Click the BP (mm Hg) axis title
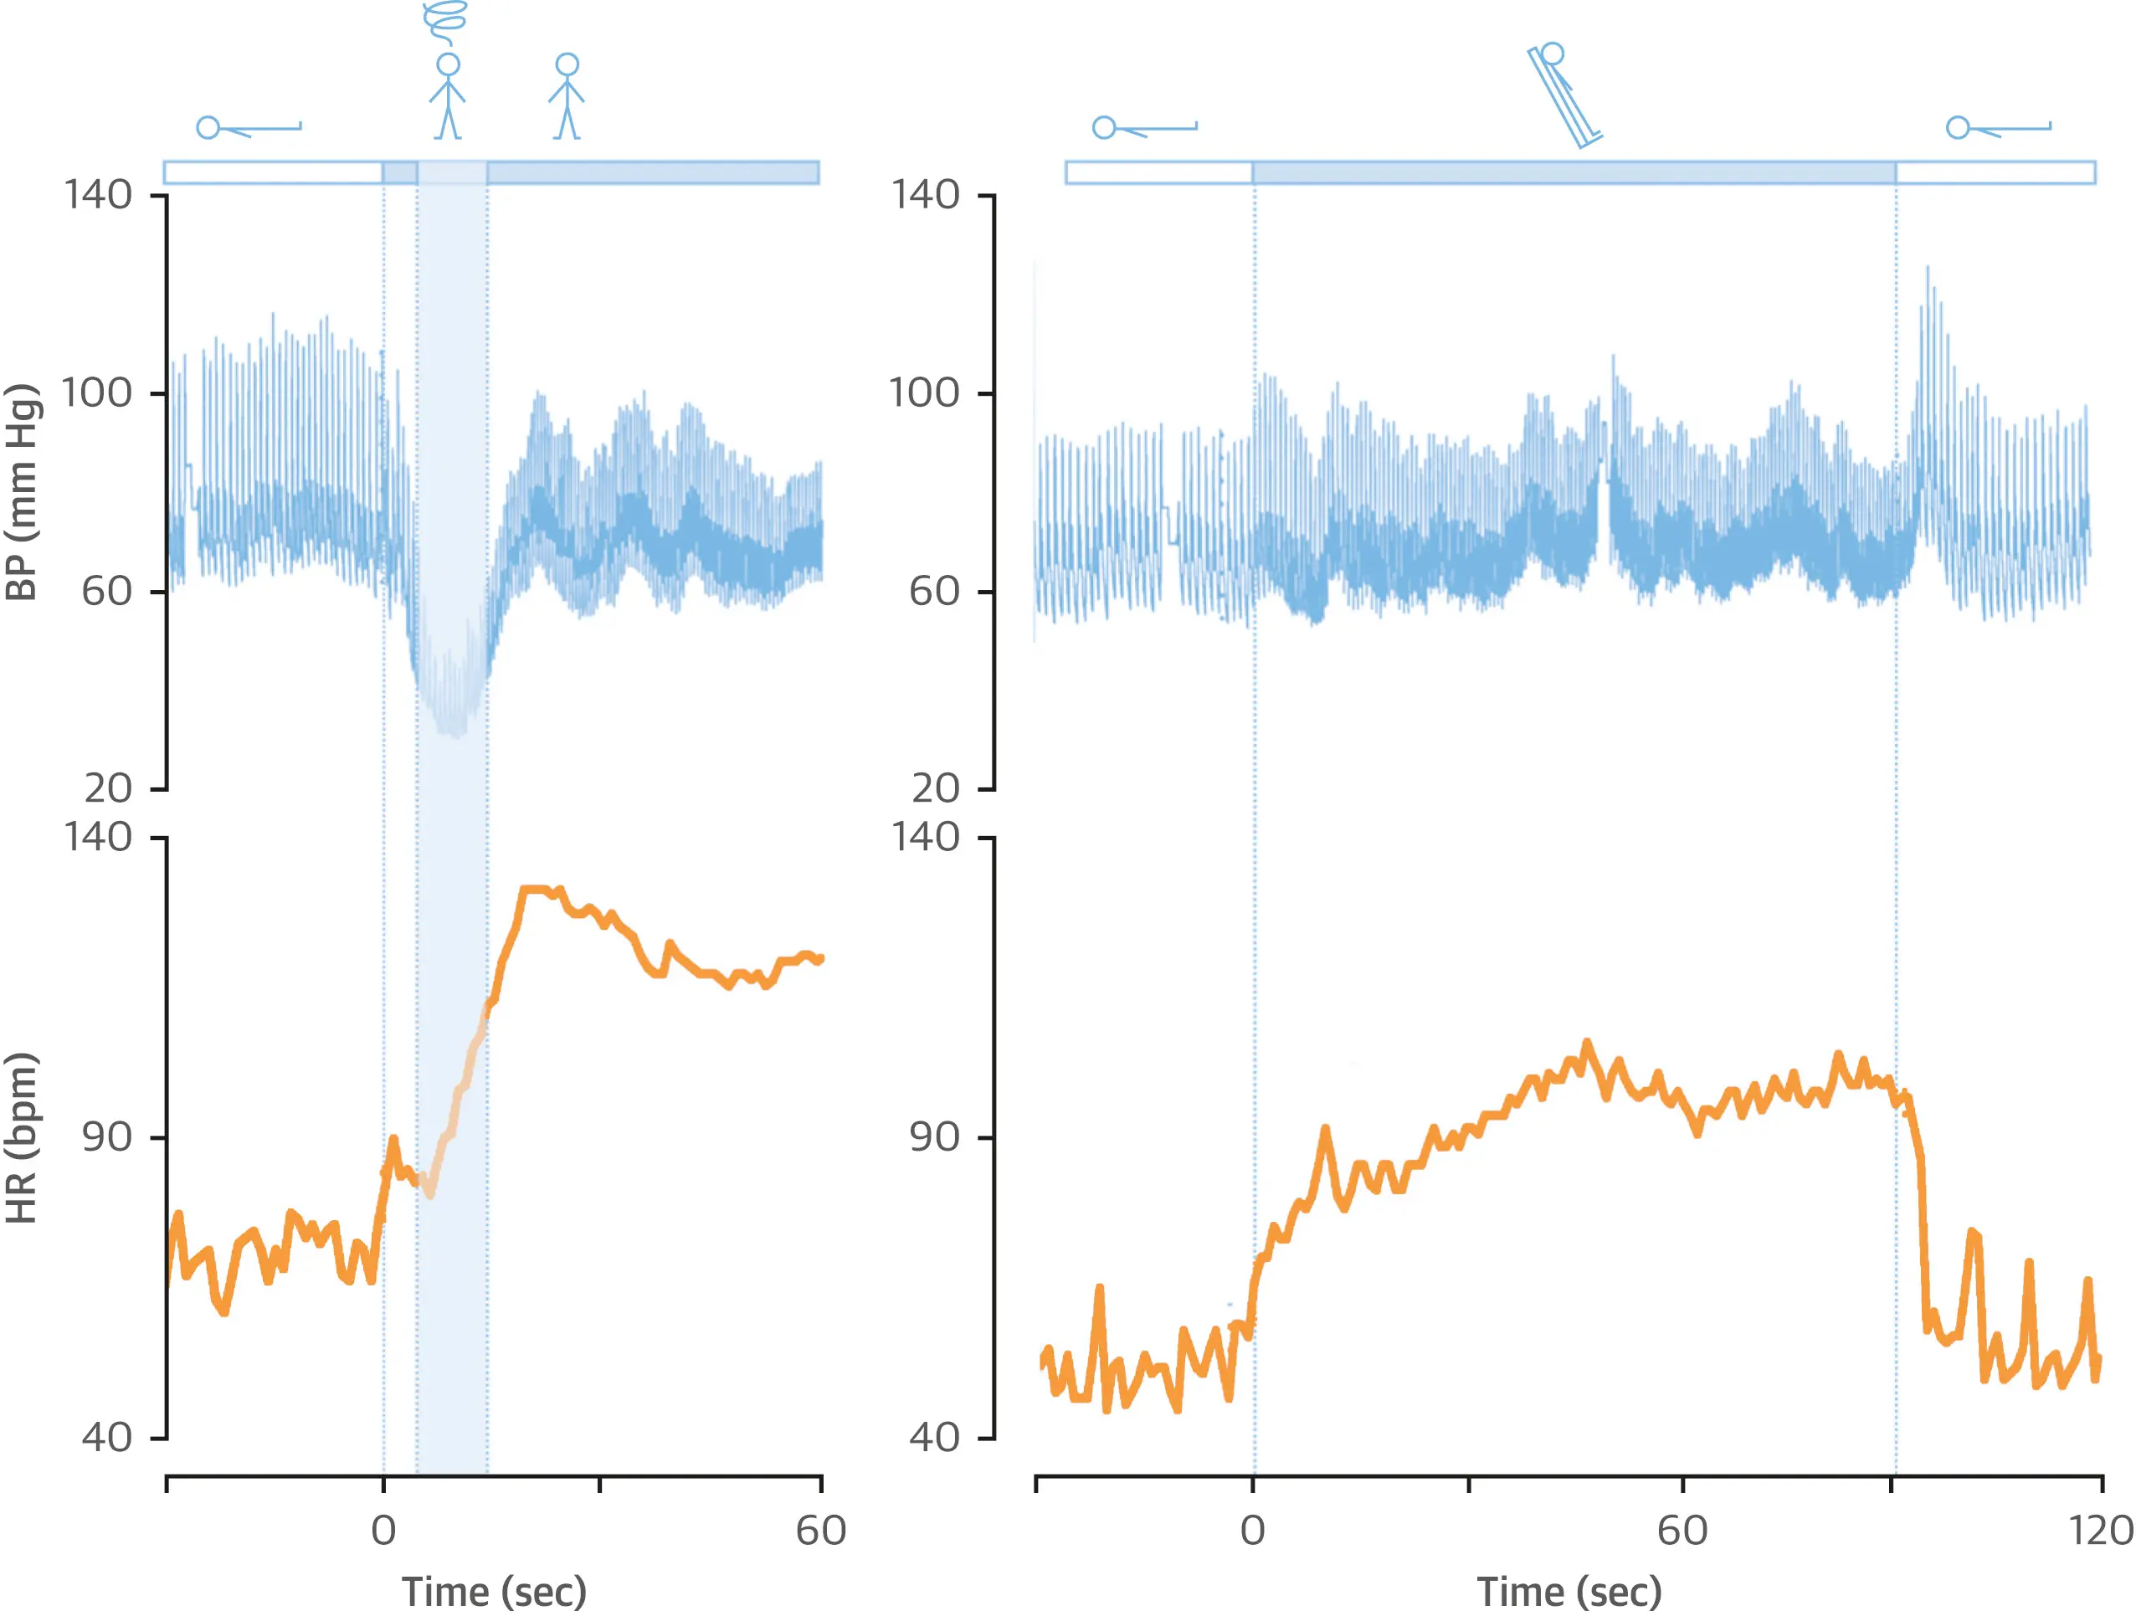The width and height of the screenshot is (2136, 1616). click(x=21, y=491)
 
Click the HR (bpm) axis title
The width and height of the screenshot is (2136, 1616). click(x=21, y=1138)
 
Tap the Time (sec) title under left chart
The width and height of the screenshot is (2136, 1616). click(x=494, y=1591)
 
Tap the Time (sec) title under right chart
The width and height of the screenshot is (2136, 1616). click(x=1569, y=1591)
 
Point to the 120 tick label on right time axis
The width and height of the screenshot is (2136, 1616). click(x=2099, y=1531)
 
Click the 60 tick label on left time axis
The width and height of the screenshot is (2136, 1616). click(x=821, y=1531)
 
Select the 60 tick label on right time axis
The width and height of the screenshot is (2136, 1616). click(x=1682, y=1531)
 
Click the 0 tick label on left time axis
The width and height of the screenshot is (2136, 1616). click(x=383, y=1531)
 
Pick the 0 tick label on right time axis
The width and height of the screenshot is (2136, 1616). click(x=1252, y=1531)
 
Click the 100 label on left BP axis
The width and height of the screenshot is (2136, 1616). click(x=96, y=392)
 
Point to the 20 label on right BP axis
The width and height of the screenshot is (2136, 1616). click(x=935, y=788)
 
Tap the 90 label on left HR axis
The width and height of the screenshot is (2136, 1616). click(x=106, y=1137)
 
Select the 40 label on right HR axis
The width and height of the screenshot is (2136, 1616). click(x=935, y=1438)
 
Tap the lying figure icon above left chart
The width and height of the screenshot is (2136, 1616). click(x=249, y=127)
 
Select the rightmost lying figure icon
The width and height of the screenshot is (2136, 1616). click(x=1998, y=127)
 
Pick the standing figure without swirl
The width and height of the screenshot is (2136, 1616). click(x=567, y=96)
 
